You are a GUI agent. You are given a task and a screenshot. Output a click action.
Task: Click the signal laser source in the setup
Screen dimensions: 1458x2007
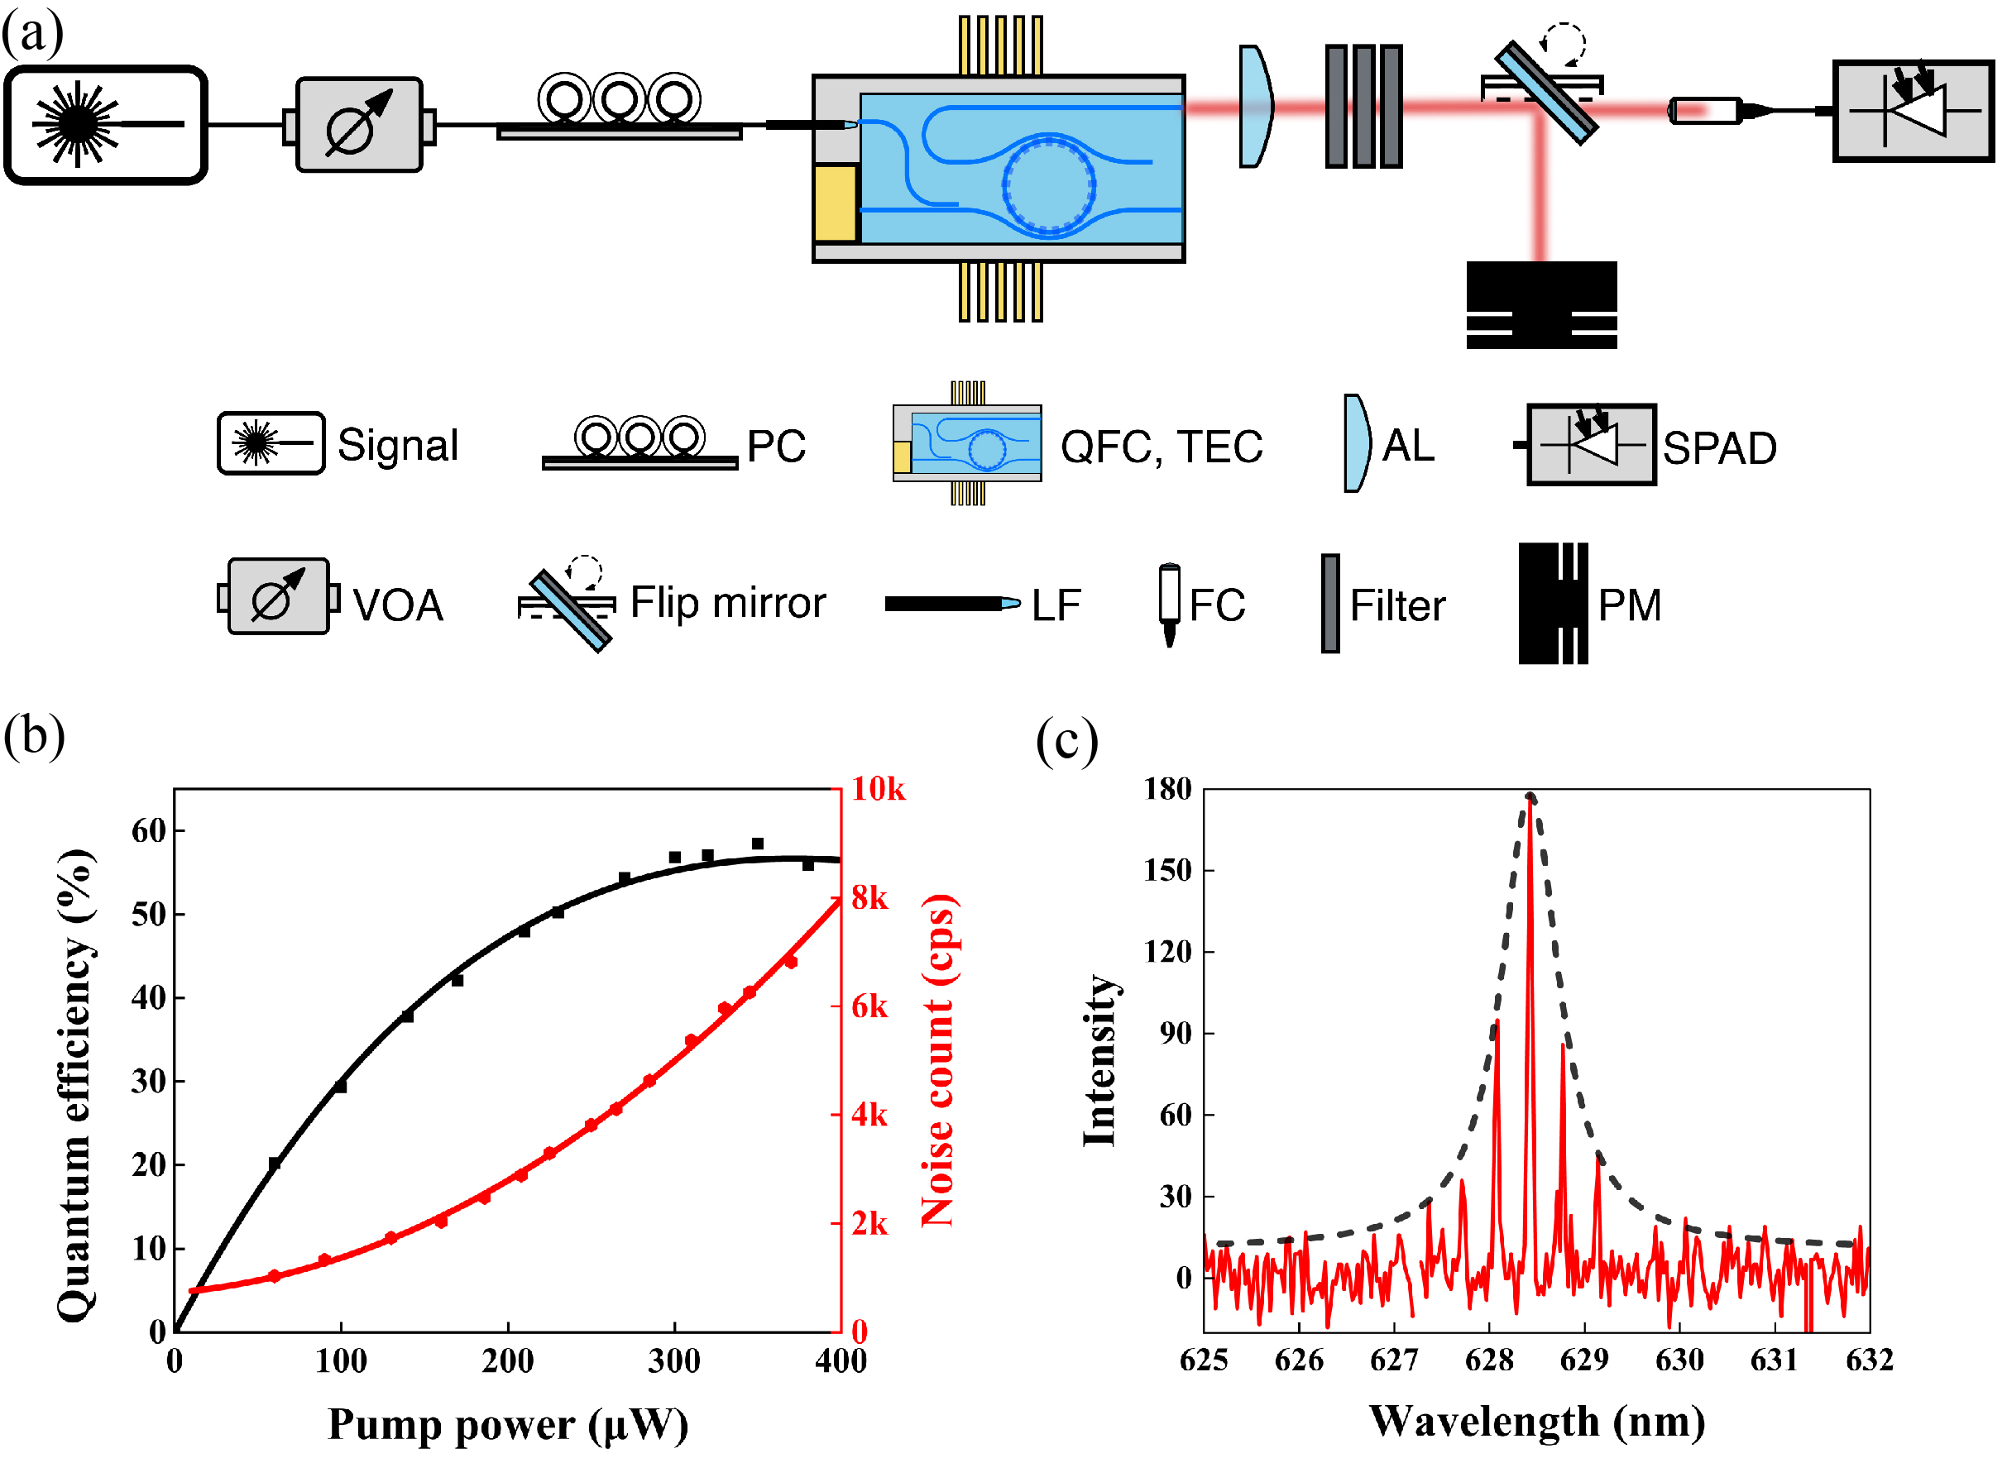pyautogui.click(x=105, y=125)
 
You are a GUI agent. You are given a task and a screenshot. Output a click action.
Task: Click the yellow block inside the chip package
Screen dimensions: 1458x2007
pyautogui.click(x=835, y=203)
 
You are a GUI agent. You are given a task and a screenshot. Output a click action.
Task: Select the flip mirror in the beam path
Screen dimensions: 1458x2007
pyautogui.click(x=1545, y=91)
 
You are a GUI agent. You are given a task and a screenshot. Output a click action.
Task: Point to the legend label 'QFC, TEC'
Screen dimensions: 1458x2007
pyautogui.click(x=1161, y=447)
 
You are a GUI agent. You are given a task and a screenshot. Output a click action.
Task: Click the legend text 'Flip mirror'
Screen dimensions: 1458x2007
pyautogui.click(x=727, y=604)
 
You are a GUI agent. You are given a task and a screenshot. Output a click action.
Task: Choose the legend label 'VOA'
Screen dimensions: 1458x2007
pyautogui.click(x=397, y=606)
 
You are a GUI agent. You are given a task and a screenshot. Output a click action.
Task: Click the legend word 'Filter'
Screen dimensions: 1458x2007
pyautogui.click(x=1397, y=606)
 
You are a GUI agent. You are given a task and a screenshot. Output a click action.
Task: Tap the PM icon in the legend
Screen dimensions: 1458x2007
pyautogui.click(x=1552, y=604)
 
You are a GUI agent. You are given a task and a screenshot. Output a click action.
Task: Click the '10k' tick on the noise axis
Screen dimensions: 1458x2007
pyautogui.click(x=878, y=789)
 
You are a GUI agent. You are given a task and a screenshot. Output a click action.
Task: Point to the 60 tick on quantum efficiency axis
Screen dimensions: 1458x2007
pyautogui.click(x=148, y=831)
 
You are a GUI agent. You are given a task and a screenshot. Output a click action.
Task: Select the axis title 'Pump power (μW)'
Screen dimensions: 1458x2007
pyautogui.click(x=507, y=1425)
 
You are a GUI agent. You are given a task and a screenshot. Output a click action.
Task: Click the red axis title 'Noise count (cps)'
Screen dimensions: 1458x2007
pyautogui.click(x=938, y=1060)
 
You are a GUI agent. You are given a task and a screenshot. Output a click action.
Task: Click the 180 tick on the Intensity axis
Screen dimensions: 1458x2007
pyautogui.click(x=1167, y=789)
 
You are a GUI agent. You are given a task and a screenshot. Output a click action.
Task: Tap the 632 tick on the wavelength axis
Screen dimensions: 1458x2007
pyautogui.click(x=1869, y=1360)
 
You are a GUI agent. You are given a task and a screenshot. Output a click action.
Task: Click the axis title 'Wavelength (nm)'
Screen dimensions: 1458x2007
pyautogui.click(x=1536, y=1422)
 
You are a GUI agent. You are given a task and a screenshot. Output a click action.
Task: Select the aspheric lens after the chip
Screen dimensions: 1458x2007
pyautogui.click(x=1255, y=106)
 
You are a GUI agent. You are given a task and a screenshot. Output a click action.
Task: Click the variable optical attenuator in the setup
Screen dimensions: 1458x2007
pyautogui.click(x=358, y=125)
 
